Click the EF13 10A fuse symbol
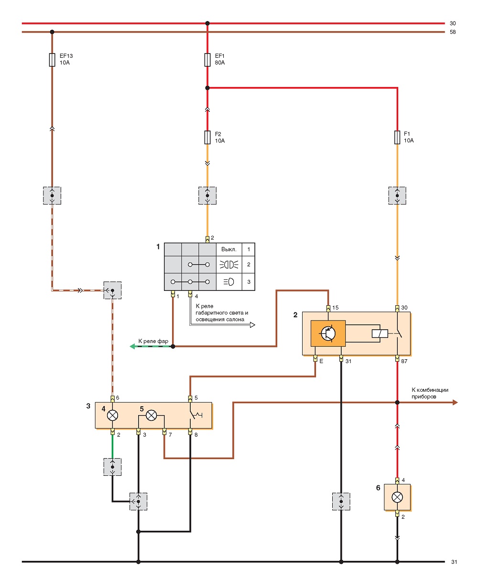click(52, 60)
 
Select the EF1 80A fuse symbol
click(207, 60)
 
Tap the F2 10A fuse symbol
click(207, 137)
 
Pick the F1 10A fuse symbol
click(397, 137)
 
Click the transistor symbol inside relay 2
click(328, 333)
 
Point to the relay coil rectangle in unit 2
click(380, 333)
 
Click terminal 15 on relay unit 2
click(328, 308)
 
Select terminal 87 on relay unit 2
click(397, 359)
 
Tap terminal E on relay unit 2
click(315, 359)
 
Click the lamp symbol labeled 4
click(112, 416)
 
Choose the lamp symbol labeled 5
click(151, 416)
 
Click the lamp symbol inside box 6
click(397, 497)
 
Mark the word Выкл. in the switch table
click(229, 249)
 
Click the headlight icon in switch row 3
click(229, 282)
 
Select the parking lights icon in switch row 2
click(229, 265)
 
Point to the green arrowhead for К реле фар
click(132, 346)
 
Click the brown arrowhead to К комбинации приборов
click(455, 402)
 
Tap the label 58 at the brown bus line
click(453, 32)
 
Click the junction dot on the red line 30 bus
click(207, 23)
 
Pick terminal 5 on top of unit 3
click(190, 399)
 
